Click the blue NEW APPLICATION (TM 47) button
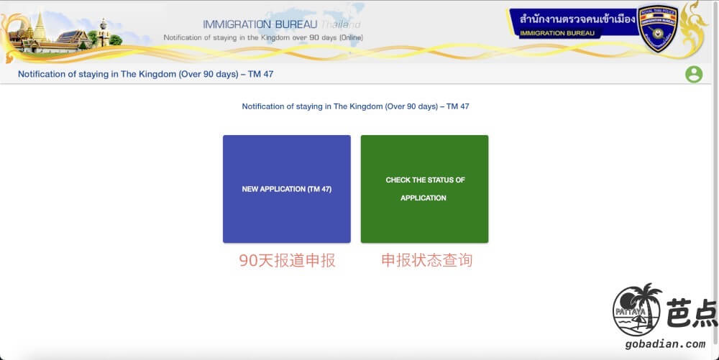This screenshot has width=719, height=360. (x=287, y=189)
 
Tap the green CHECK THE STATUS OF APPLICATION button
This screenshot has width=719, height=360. (x=425, y=189)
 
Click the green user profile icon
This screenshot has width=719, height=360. (x=694, y=74)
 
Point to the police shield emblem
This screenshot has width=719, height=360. (x=658, y=29)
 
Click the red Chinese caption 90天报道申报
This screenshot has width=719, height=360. (x=287, y=261)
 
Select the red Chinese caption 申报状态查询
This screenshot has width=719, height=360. (x=426, y=260)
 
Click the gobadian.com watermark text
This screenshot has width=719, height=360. (x=665, y=344)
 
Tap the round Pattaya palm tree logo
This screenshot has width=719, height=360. (x=637, y=310)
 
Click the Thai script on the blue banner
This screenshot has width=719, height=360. (x=577, y=19)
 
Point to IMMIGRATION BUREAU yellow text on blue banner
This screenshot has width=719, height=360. (x=557, y=33)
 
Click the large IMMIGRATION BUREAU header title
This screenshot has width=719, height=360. (x=260, y=24)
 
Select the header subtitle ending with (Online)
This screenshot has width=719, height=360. (x=263, y=37)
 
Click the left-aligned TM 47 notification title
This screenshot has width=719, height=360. (x=145, y=74)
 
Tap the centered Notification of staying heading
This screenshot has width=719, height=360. (x=355, y=106)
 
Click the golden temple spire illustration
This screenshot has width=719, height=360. (x=40, y=27)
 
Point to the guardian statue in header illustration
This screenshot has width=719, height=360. (x=103, y=32)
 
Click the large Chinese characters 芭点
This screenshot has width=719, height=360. (x=692, y=313)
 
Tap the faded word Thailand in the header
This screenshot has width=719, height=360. (x=341, y=24)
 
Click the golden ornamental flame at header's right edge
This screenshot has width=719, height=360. (x=693, y=27)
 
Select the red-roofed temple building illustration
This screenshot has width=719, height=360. (x=73, y=39)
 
